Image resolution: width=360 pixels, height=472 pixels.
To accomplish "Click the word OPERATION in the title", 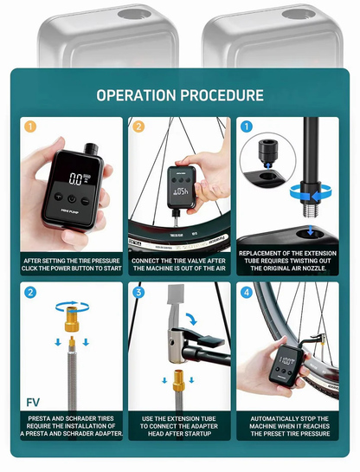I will [138, 95].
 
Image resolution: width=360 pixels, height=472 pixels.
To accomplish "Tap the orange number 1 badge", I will [29, 126].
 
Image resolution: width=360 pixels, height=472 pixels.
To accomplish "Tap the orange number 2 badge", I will [138, 126].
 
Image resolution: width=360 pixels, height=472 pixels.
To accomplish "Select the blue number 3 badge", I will [138, 292].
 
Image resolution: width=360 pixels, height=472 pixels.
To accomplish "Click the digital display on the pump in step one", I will [77, 180].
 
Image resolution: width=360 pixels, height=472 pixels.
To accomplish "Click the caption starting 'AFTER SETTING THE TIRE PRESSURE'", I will [72, 265].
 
